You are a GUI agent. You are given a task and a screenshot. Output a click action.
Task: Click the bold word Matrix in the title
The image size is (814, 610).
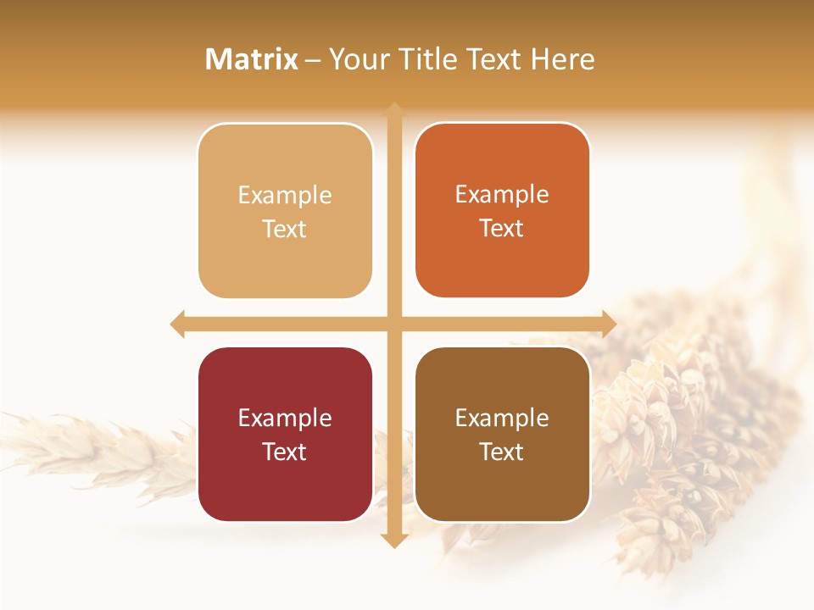(252, 59)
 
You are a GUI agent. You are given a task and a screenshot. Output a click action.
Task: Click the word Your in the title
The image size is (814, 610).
(357, 59)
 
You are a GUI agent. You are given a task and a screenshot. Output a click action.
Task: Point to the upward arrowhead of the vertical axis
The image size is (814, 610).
(394, 111)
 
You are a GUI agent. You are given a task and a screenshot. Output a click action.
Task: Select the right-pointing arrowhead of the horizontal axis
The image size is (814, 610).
(608, 324)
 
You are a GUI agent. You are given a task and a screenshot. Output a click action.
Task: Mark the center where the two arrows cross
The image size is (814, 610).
(394, 324)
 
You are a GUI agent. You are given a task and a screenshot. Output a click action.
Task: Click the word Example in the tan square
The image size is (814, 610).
(285, 196)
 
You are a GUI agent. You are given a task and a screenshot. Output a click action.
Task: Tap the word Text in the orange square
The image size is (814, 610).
(502, 229)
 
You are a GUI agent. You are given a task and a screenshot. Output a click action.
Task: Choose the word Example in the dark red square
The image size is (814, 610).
(285, 419)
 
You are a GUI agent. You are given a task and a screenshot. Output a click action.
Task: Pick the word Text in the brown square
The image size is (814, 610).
(502, 452)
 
